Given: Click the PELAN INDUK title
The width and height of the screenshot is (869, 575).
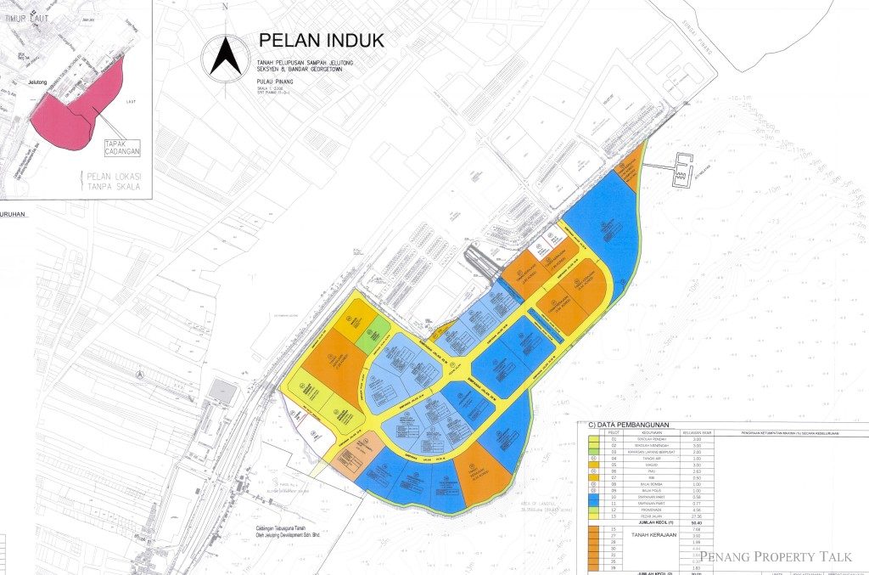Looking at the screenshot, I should pyautogui.click(x=321, y=41).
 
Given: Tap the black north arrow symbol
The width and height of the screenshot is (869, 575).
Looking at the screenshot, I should pyautogui.click(x=225, y=56).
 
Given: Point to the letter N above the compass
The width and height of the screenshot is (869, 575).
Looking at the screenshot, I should pyautogui.click(x=224, y=6).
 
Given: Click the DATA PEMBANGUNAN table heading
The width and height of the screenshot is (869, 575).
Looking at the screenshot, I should pyautogui.click(x=624, y=425).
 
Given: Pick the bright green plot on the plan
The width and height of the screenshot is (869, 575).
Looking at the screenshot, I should pyautogui.click(x=372, y=336).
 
